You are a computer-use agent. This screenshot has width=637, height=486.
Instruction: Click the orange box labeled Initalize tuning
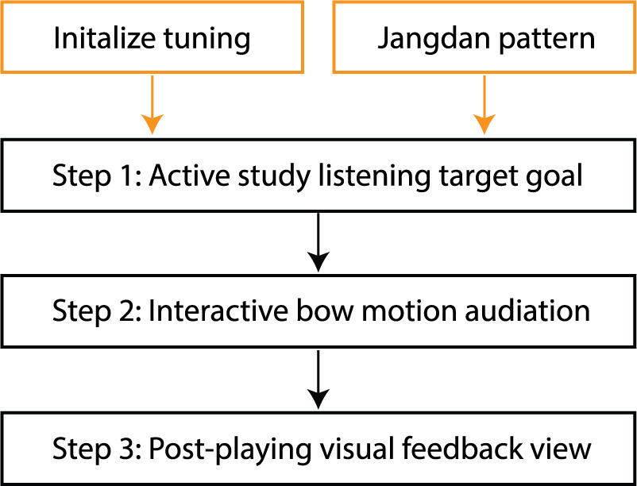152,37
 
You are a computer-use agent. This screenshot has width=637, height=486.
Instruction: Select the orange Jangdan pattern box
485,37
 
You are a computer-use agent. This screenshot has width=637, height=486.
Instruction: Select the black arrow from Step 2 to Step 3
318,380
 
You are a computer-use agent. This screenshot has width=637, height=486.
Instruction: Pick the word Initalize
110,37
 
